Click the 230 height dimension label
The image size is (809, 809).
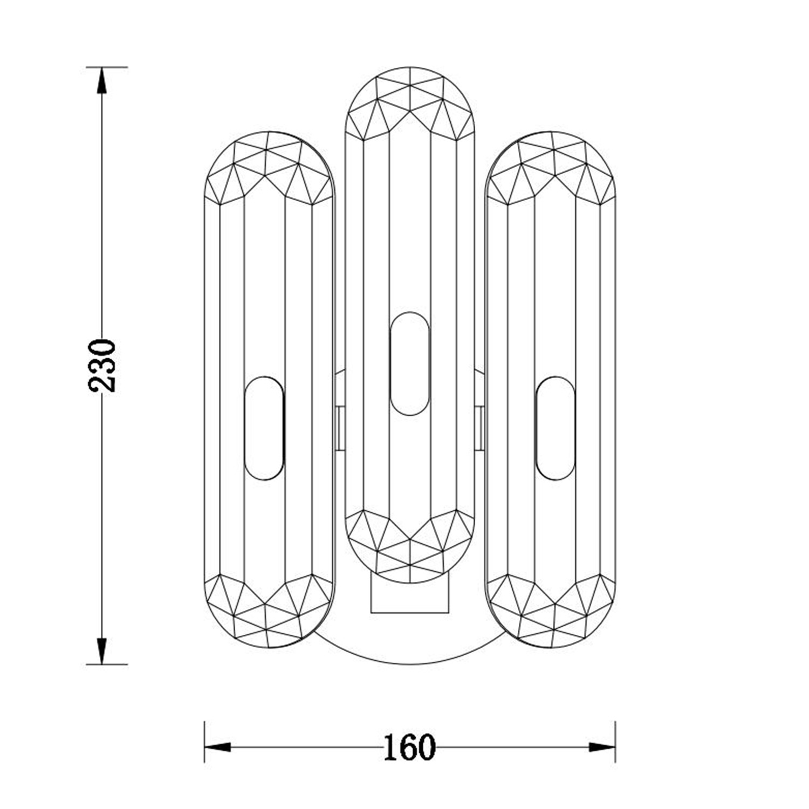(102, 365)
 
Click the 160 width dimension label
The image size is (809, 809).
(409, 747)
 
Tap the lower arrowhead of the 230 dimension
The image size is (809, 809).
(101, 651)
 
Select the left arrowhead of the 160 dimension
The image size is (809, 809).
(217, 748)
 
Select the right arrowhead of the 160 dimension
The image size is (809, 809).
(602, 748)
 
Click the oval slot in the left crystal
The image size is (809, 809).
(264, 428)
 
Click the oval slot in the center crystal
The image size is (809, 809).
(410, 364)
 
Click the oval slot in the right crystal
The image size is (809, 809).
(556, 428)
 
